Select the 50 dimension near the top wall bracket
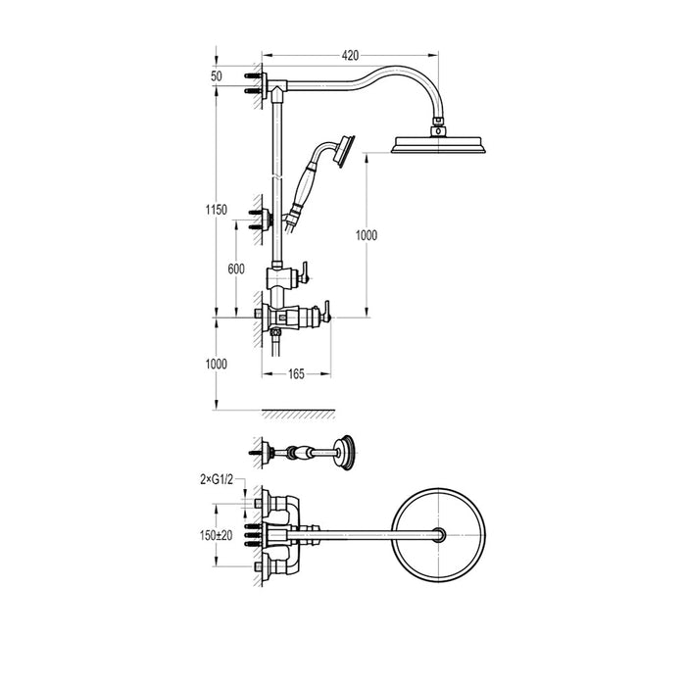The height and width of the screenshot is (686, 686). pyautogui.click(x=216, y=75)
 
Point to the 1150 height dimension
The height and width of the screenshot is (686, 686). pyautogui.click(x=217, y=210)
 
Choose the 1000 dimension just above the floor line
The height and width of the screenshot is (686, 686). pyautogui.click(x=217, y=364)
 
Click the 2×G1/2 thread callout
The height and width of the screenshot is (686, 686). pyautogui.click(x=216, y=479)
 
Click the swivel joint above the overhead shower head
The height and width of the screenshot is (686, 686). pyautogui.click(x=436, y=124)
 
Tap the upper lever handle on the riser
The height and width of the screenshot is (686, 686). pyautogui.click(x=306, y=269)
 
